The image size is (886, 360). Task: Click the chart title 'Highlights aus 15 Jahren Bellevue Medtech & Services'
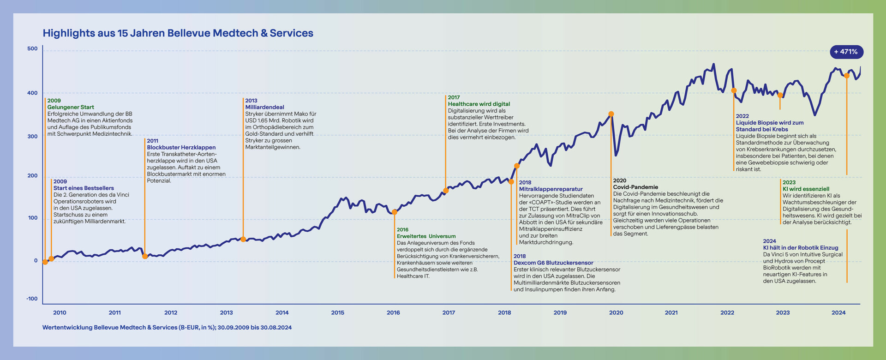(x=178, y=33)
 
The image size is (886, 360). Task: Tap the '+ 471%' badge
(x=846, y=52)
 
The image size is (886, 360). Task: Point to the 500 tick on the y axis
(x=32, y=48)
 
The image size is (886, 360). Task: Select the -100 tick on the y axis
(x=32, y=299)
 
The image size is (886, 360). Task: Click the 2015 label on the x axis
(x=337, y=312)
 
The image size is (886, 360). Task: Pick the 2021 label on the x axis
(x=671, y=312)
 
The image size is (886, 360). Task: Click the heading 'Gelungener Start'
(x=71, y=107)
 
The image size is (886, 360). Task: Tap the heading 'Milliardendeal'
(x=264, y=107)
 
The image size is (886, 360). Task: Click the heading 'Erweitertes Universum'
(x=426, y=236)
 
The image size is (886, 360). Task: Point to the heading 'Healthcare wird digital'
(x=479, y=104)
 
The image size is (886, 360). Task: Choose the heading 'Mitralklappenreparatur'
(x=551, y=189)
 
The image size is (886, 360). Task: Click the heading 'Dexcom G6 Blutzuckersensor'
(x=553, y=263)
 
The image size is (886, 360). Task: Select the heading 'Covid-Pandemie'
(x=635, y=187)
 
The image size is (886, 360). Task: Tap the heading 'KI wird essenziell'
(x=806, y=189)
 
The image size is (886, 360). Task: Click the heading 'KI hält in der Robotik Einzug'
(x=800, y=248)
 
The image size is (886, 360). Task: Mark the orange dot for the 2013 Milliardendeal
(x=243, y=239)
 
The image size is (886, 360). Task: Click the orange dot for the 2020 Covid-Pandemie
(x=611, y=114)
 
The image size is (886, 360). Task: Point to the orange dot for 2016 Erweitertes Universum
(x=395, y=212)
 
